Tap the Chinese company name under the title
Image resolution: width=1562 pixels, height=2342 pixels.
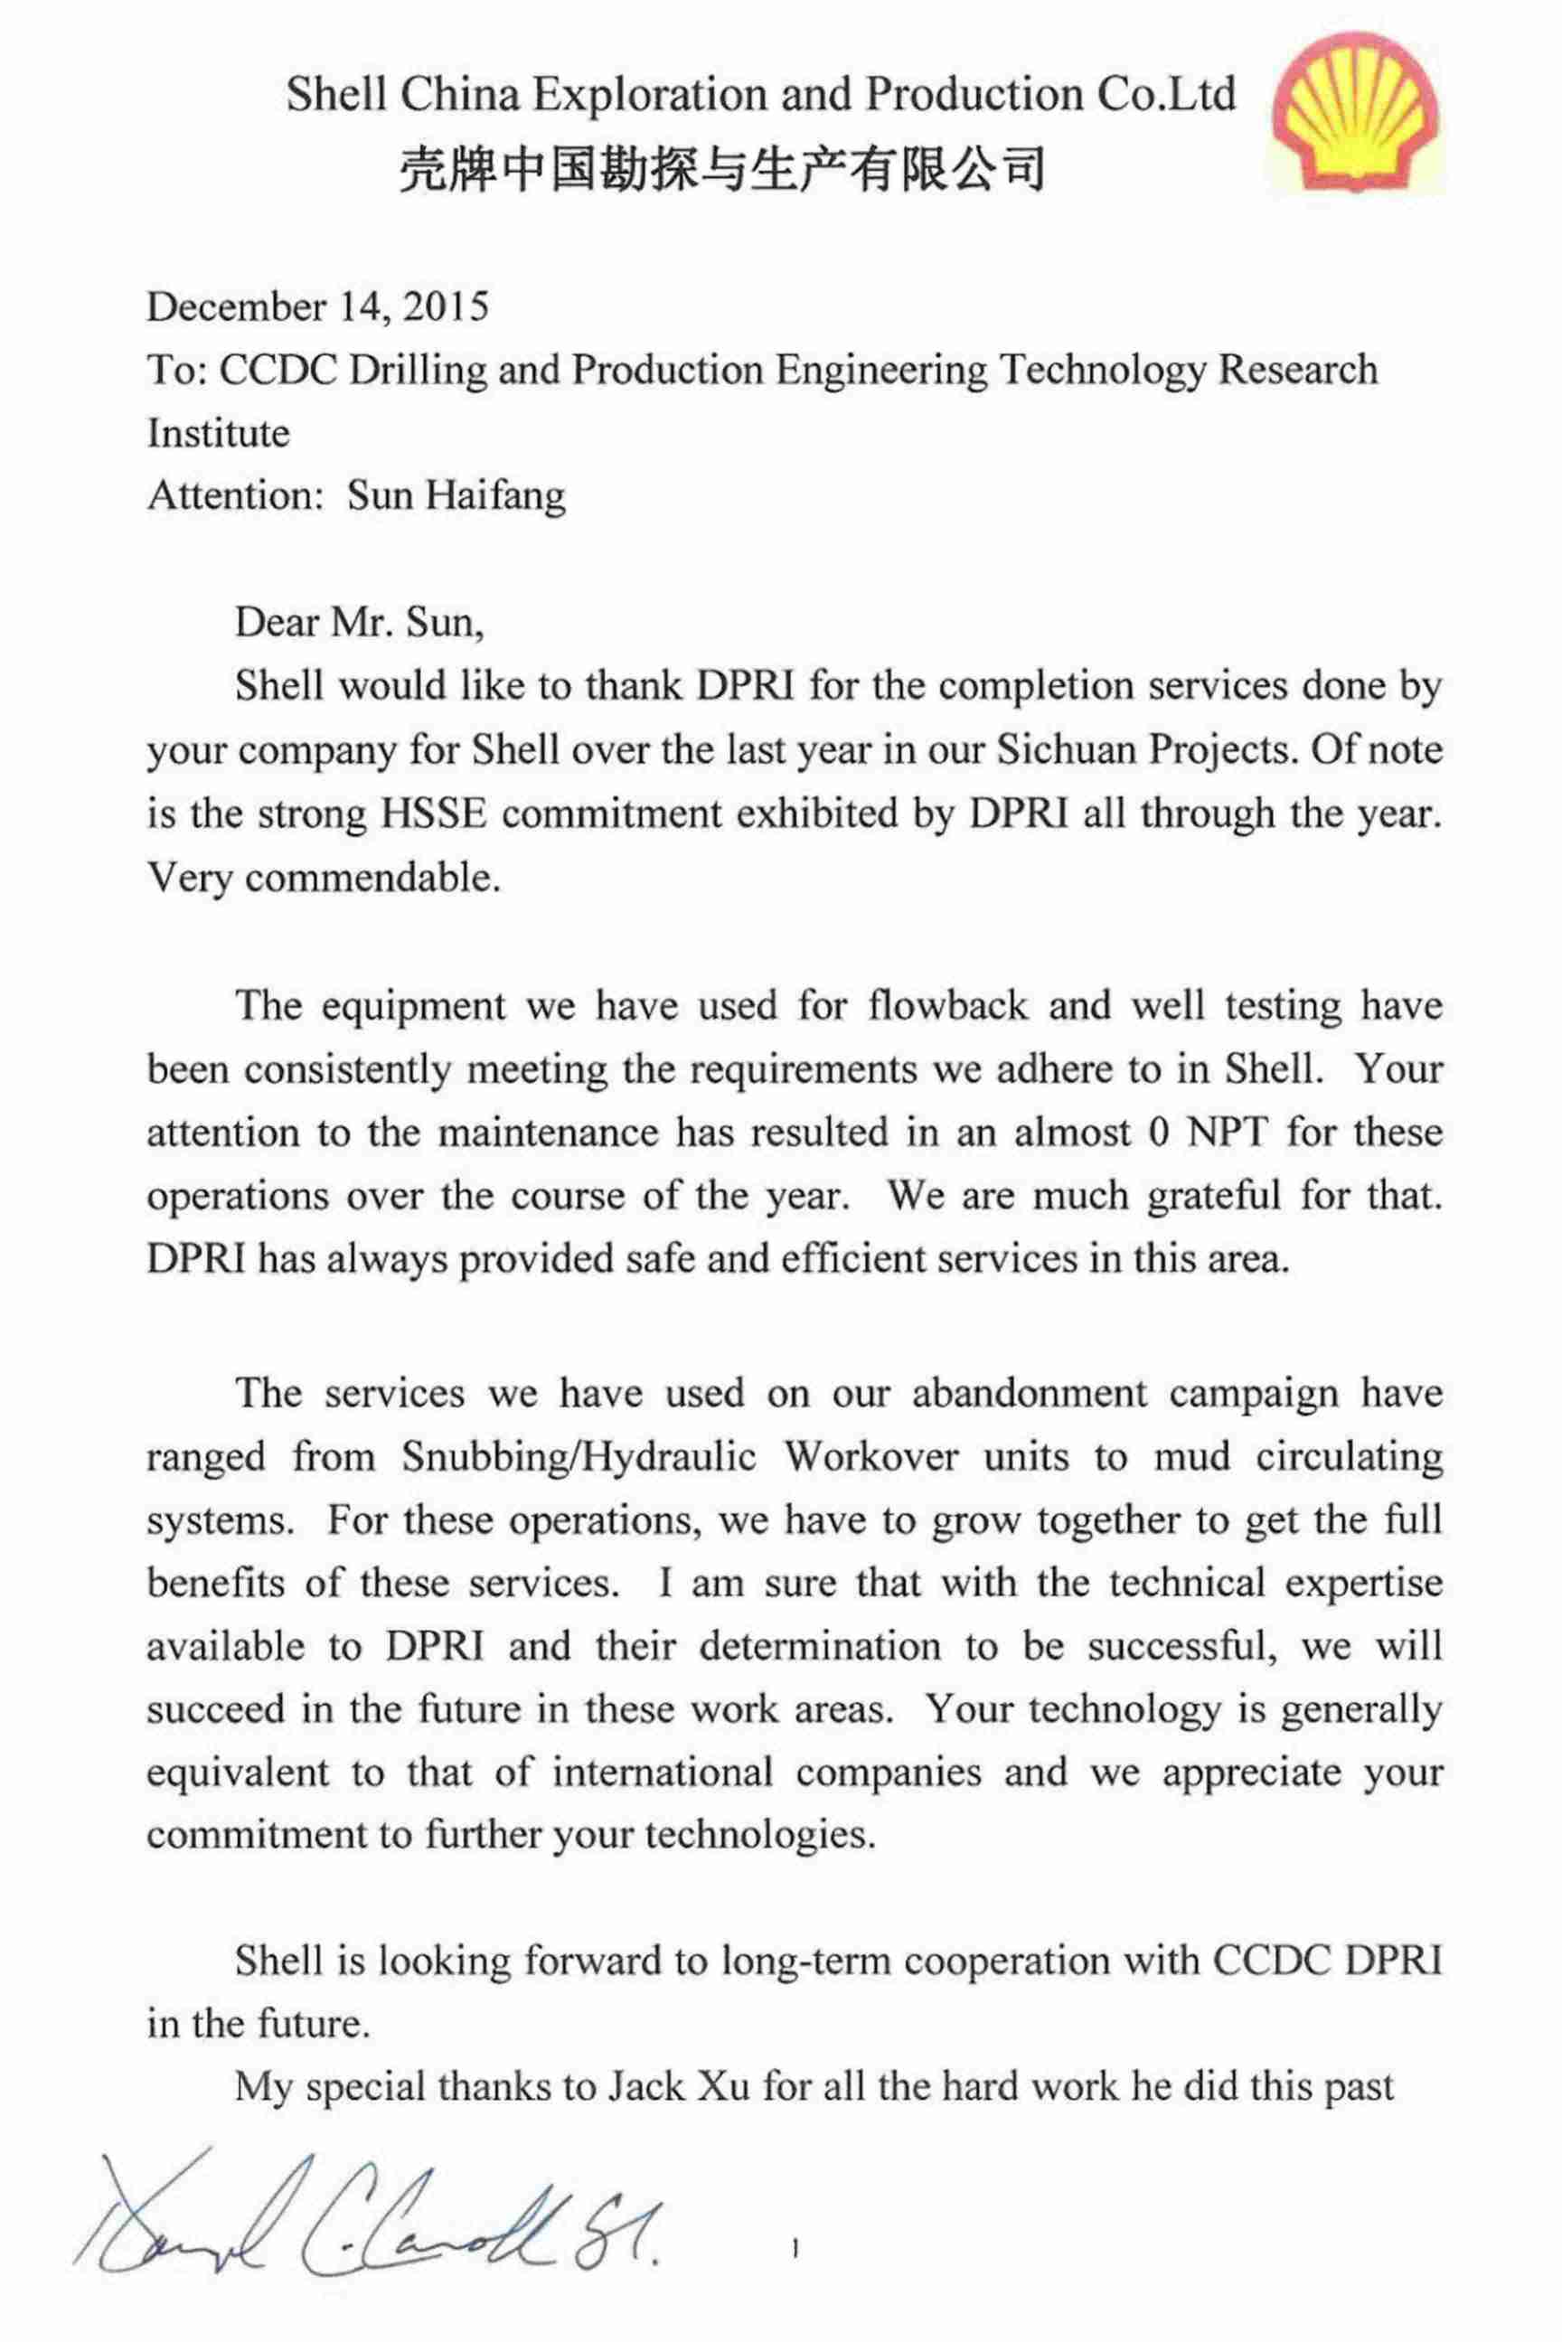(x=721, y=167)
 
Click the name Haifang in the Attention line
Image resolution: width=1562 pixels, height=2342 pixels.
(x=495, y=495)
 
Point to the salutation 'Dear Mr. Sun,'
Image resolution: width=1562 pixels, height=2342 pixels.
(x=360, y=623)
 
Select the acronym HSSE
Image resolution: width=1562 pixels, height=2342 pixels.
(x=433, y=814)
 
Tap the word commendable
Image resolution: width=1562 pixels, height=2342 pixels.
(x=372, y=878)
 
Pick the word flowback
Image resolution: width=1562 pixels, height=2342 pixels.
(x=946, y=1005)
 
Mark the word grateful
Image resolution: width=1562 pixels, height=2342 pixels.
(x=1212, y=1196)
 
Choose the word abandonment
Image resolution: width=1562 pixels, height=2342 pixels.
(x=1029, y=1393)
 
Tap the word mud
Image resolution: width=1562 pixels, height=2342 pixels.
(x=1191, y=1456)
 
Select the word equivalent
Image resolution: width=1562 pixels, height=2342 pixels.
(x=237, y=1773)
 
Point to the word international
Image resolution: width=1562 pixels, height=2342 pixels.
(x=663, y=1773)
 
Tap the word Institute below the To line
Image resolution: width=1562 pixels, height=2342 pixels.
(x=218, y=433)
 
